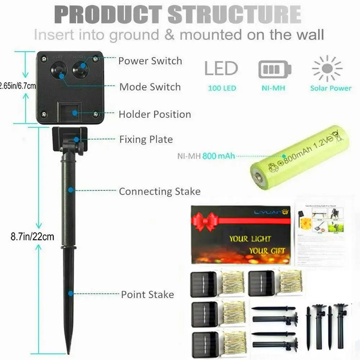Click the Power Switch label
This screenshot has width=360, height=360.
pyautogui.click(x=150, y=61)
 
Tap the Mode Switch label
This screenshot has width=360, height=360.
pyautogui.click(x=150, y=87)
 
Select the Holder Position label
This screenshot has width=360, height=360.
pyautogui.click(x=155, y=114)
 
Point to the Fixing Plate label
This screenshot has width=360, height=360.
pyautogui.click(x=146, y=139)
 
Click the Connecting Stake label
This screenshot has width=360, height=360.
pyautogui.click(x=159, y=191)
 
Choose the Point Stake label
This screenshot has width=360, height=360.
pyautogui.click(x=147, y=294)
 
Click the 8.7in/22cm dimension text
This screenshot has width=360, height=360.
pyautogui.click(x=32, y=237)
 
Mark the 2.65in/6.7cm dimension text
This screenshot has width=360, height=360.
pyautogui.click(x=18, y=86)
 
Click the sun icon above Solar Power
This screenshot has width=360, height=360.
pyautogui.click(x=327, y=69)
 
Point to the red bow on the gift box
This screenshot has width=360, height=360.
pyautogui.click(x=206, y=221)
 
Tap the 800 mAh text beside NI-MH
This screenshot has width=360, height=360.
pyautogui.click(x=219, y=156)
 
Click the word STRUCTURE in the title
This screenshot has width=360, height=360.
pyautogui.click(x=234, y=15)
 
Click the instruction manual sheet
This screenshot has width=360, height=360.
pyautogui.click(x=320, y=230)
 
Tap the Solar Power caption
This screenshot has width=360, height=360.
pyautogui.click(x=330, y=88)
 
